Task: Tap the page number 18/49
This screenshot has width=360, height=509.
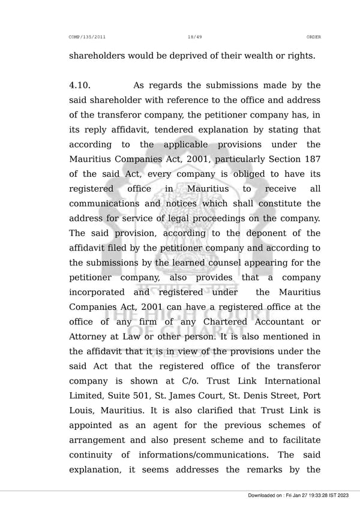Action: tap(195, 37)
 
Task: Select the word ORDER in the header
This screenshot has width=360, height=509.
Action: tap(313, 37)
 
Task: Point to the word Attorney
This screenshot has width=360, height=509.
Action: tap(88, 337)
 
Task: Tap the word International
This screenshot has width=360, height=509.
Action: tap(287, 381)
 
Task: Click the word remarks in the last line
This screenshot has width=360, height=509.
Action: tap(267, 470)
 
